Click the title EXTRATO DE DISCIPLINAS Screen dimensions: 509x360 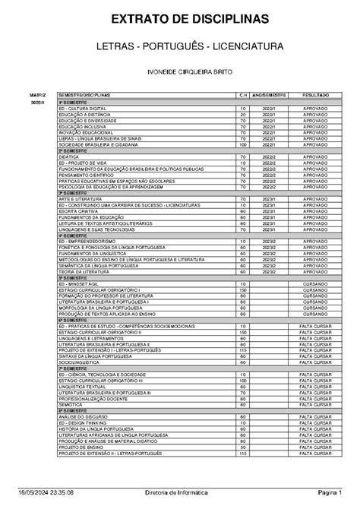[180, 18]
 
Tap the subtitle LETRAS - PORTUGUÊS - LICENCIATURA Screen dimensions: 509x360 [180, 47]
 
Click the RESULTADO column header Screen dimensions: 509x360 [315, 95]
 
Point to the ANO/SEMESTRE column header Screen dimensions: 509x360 [269, 95]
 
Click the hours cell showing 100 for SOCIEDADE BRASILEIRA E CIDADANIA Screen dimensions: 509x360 [243, 145]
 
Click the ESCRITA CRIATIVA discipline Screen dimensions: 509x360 [81, 211]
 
